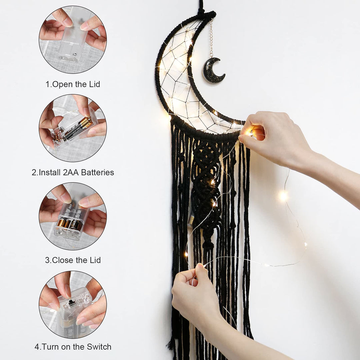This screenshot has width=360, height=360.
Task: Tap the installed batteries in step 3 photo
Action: [x=70, y=224]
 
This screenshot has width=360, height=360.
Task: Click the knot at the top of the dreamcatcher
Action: [x=206, y=15]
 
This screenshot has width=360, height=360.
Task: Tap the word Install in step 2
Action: [x=50, y=172]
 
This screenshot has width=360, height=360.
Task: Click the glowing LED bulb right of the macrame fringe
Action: [x=283, y=196]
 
